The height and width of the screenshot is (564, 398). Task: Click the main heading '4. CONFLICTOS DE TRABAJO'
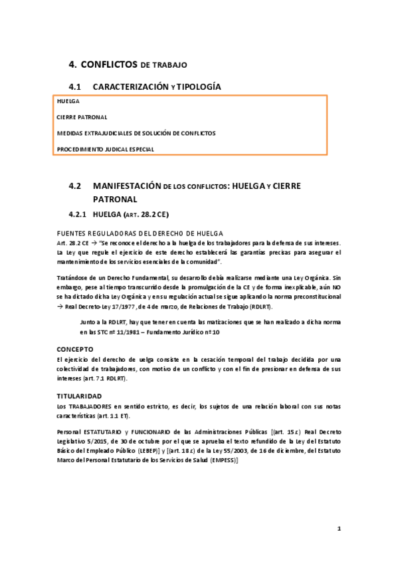(x=128, y=65)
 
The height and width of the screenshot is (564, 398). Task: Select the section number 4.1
(x=74, y=87)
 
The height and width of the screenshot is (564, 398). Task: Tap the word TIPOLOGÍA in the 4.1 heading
(x=199, y=87)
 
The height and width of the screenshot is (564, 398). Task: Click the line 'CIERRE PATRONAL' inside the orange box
(x=82, y=116)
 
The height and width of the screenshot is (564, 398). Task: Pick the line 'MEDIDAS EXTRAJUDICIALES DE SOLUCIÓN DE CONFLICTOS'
(x=136, y=133)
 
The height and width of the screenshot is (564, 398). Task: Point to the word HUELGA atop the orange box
(x=68, y=101)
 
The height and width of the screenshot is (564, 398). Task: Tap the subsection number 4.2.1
(x=78, y=215)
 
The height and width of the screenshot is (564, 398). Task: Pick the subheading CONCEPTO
(x=75, y=348)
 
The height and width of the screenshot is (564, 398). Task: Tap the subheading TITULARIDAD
(x=80, y=395)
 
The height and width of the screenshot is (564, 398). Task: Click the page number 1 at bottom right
(x=339, y=529)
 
